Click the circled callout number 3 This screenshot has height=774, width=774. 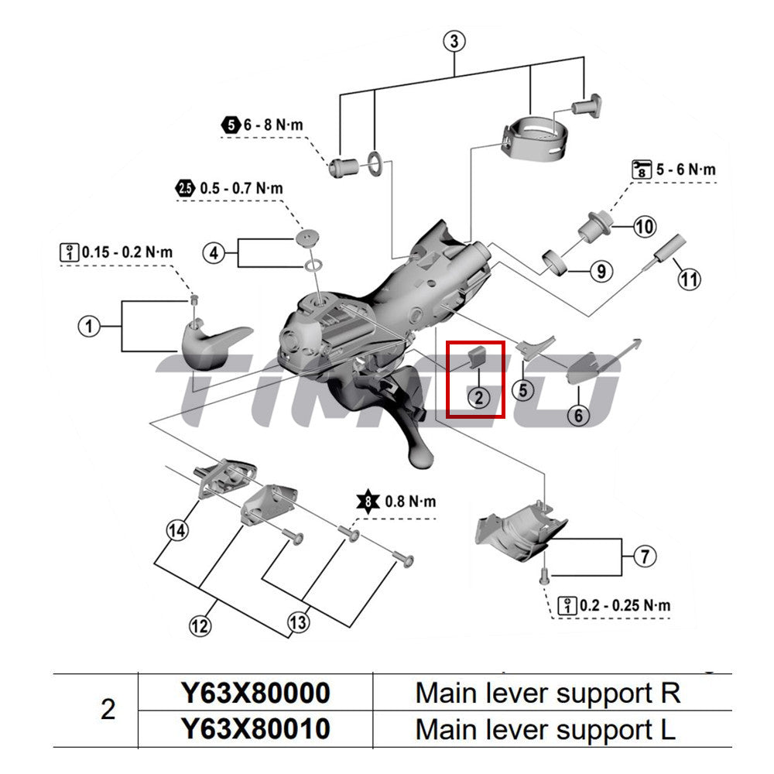click(x=455, y=41)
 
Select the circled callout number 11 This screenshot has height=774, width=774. click(x=690, y=276)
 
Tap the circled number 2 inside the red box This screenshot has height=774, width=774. click(x=478, y=398)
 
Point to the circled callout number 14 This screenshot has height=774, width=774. click(x=177, y=530)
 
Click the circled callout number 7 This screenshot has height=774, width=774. click(x=645, y=556)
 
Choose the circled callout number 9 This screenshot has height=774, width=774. click(x=601, y=271)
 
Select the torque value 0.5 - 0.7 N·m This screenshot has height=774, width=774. click(x=241, y=188)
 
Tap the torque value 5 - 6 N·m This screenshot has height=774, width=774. click(x=687, y=170)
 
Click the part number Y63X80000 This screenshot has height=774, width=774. click(x=255, y=693)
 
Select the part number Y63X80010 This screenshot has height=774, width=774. click(x=255, y=729)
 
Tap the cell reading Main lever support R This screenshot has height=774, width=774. click(x=547, y=693)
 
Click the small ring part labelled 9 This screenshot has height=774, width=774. click(x=557, y=264)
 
